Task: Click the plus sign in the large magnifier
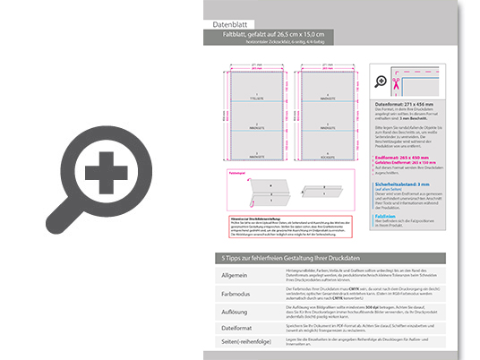(106, 169)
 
